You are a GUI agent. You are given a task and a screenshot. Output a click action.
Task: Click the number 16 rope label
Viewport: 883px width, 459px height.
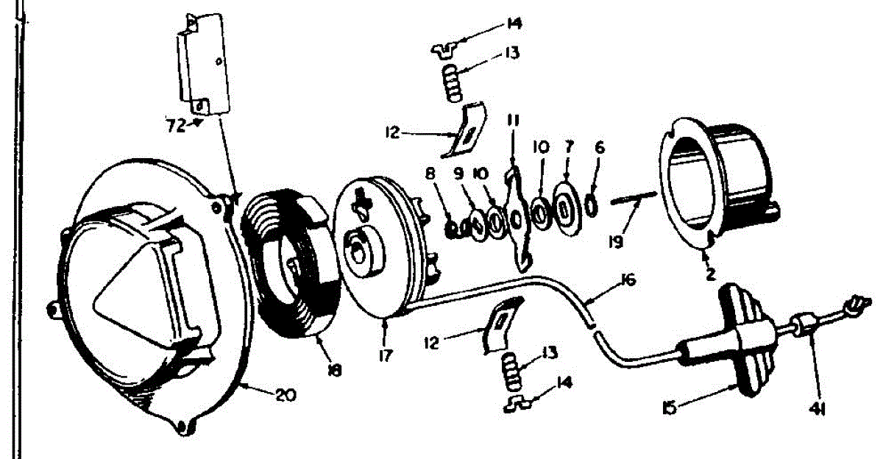pos(627,280)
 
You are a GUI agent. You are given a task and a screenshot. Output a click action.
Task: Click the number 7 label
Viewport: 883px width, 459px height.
pos(568,147)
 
